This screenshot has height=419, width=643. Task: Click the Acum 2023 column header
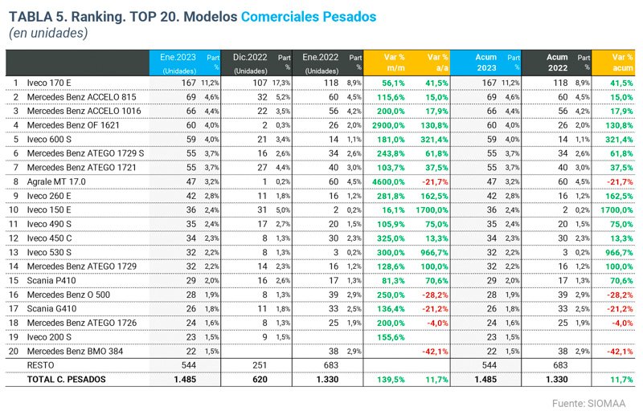pos(484,62)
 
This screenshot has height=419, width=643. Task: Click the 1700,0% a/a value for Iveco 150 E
pos(432,209)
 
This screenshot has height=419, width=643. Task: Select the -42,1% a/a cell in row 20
pos(434,351)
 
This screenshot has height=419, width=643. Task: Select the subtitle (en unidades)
pos(48,33)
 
